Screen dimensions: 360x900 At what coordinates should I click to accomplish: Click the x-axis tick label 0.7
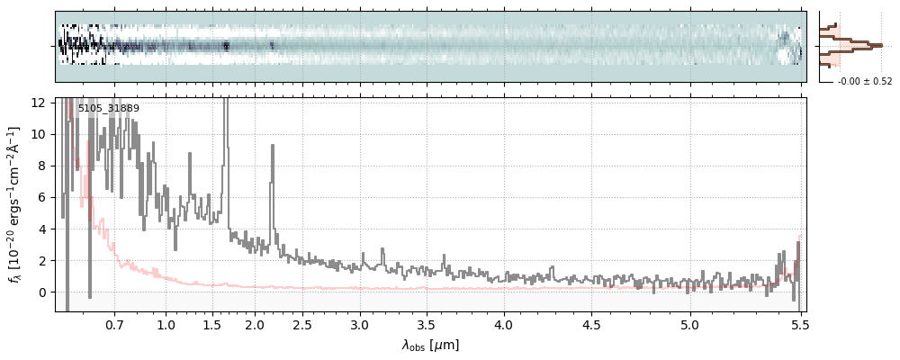coord(113,324)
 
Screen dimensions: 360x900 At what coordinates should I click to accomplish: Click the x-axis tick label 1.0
coord(166,324)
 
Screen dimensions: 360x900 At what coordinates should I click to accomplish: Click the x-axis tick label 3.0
coord(359,324)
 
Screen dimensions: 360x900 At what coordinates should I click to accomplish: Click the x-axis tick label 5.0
coord(689,324)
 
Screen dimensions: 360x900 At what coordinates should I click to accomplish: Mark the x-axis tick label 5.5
coord(799,324)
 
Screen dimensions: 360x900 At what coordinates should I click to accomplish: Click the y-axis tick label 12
coord(40,103)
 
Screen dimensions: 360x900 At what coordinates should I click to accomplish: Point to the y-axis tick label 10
coord(40,134)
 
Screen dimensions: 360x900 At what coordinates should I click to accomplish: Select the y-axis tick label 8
coord(43,166)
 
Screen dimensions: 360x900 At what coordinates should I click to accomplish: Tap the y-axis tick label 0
coord(43,292)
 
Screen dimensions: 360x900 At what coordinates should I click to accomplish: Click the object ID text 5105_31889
coord(108,109)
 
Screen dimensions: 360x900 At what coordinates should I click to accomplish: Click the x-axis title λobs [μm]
coord(430,345)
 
